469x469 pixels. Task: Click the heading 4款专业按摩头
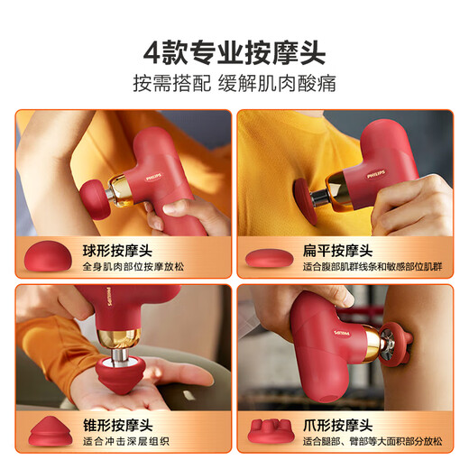coord(234,47)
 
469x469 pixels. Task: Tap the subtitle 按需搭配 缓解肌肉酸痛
coord(234,85)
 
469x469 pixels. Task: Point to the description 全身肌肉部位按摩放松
coord(157,267)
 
